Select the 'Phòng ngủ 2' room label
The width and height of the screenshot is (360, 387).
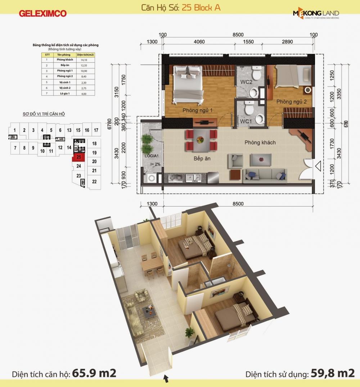click(291, 102)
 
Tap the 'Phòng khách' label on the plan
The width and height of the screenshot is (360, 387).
click(260, 143)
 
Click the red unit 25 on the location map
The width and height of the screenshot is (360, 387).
click(78, 157)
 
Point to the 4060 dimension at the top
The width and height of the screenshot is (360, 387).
click(199, 42)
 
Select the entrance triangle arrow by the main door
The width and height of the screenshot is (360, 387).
click(318, 166)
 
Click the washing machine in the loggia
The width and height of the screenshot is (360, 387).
click(150, 177)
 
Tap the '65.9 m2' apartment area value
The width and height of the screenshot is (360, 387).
click(94, 373)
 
